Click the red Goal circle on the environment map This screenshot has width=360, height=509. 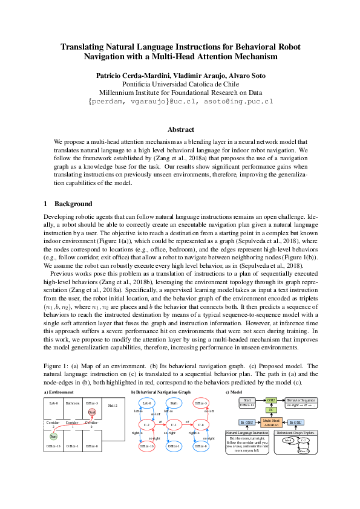tap(92, 412)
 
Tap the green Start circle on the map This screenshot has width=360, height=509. tap(53, 436)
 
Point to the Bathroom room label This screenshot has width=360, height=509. tap(73, 403)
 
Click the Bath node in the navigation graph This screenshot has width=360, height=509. tap(174, 403)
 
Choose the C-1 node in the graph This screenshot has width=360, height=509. tap(174, 425)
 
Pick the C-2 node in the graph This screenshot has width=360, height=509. tap(146, 425)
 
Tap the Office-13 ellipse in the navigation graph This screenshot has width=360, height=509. tap(147, 447)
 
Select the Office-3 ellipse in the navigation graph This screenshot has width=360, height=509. tap(201, 403)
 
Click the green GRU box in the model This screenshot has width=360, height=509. tap(272, 400)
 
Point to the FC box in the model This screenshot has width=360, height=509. tap(272, 410)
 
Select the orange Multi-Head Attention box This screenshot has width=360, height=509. tap(272, 422)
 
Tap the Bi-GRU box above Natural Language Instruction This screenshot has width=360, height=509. tap(246, 422)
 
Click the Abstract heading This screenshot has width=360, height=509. tap(180, 129)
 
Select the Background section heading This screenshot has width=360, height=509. tap(73, 204)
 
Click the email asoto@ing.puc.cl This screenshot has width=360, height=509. tap(244, 102)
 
